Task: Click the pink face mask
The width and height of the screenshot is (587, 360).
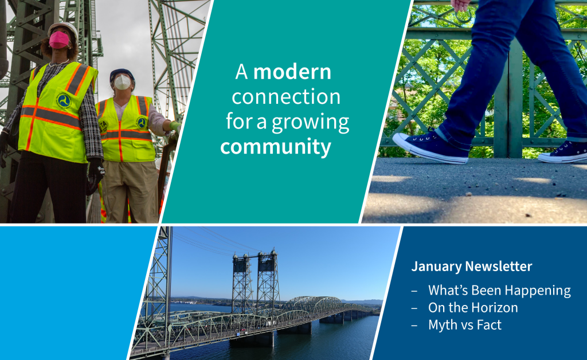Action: click(59, 40)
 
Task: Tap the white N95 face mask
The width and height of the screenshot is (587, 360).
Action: click(123, 82)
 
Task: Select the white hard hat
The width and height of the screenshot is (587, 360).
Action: click(64, 29)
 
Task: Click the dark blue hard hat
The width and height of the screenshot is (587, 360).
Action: click(122, 74)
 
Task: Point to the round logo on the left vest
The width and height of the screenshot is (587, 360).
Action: click(64, 100)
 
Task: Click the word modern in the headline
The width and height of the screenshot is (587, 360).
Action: click(292, 72)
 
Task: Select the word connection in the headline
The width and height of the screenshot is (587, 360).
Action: click(286, 96)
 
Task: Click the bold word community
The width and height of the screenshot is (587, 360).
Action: click(276, 147)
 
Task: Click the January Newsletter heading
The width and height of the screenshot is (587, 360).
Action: click(472, 266)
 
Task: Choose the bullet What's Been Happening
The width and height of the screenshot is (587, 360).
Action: click(499, 291)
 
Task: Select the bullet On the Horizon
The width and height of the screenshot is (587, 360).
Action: click(473, 308)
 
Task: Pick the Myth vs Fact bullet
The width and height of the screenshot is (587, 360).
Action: click(464, 325)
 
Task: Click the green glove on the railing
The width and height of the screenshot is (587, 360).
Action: click(175, 127)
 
